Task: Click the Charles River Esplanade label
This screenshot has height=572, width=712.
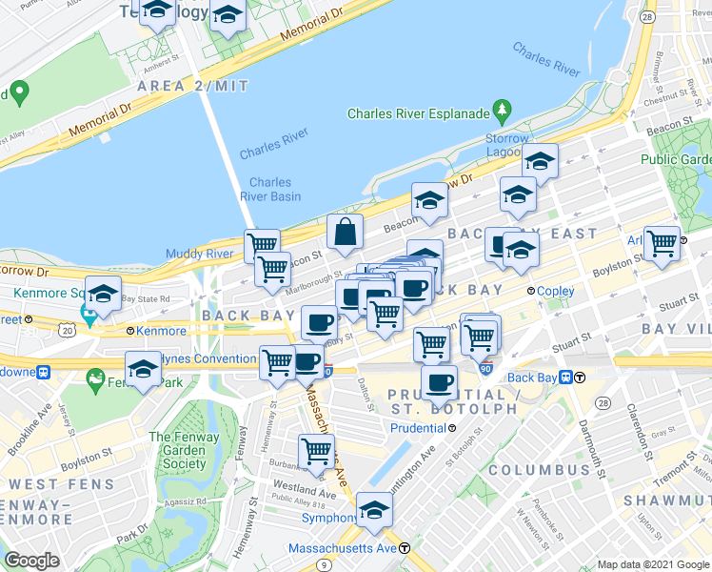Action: (418, 113)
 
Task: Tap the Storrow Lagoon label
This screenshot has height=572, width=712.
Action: (505, 145)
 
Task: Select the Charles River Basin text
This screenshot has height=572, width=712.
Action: (274, 190)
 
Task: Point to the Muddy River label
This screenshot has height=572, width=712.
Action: (200, 254)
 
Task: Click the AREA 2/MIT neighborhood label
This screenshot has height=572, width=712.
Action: (193, 86)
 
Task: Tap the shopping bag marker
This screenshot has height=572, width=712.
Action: (345, 231)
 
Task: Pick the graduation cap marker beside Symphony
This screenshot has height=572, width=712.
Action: (375, 509)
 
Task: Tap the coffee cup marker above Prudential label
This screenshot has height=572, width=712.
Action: (439, 382)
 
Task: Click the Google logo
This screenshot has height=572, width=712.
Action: (31, 561)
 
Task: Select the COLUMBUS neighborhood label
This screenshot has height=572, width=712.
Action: (540, 470)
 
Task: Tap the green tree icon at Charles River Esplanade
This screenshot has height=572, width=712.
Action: (502, 112)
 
